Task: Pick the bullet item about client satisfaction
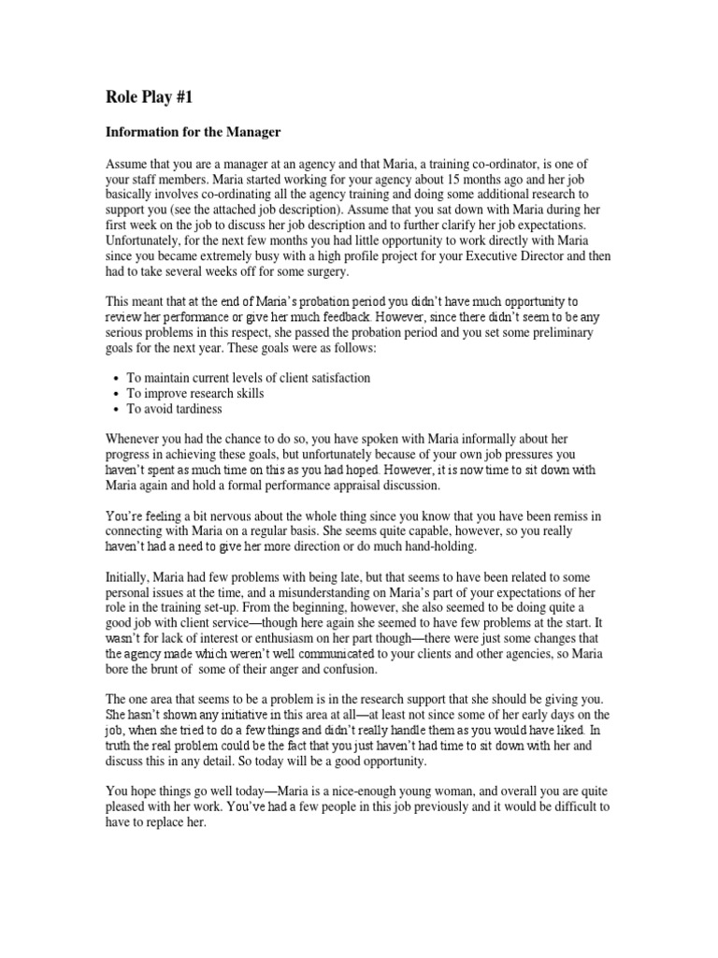(x=249, y=378)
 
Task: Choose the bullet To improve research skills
(x=195, y=394)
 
